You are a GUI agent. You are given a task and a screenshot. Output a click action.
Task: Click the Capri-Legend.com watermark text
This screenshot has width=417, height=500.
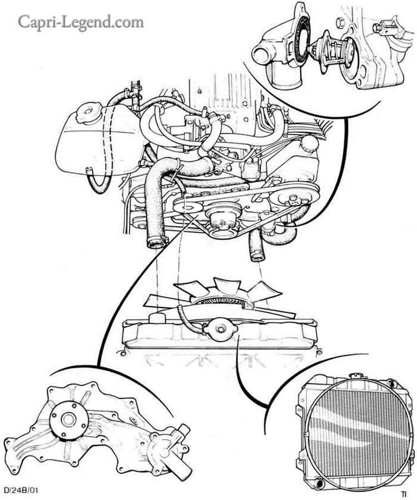[81, 22]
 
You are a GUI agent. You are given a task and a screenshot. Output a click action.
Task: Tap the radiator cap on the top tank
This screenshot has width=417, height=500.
[220, 329]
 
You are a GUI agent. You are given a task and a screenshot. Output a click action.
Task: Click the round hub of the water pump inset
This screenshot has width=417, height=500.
[68, 419]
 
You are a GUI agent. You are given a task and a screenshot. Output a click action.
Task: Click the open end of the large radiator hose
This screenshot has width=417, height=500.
[157, 244]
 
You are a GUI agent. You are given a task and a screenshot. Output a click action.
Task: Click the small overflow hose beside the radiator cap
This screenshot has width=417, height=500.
[189, 319]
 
